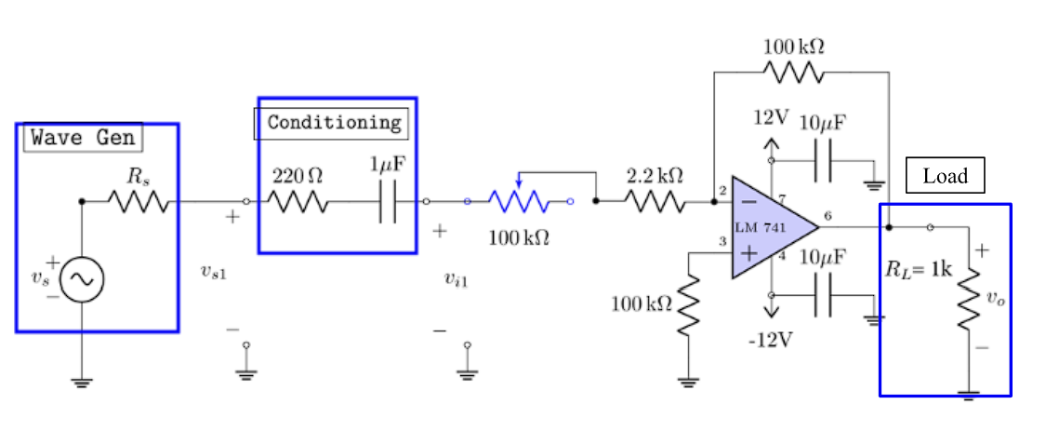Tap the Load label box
pos(945,176)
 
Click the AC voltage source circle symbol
pos(82,278)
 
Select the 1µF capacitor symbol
pos(388,201)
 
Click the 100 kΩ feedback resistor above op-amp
pos(793,72)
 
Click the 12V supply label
pos(771,118)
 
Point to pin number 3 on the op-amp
pos(721,242)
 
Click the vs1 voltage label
pos(213,272)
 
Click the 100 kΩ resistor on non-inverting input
pos(688,305)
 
